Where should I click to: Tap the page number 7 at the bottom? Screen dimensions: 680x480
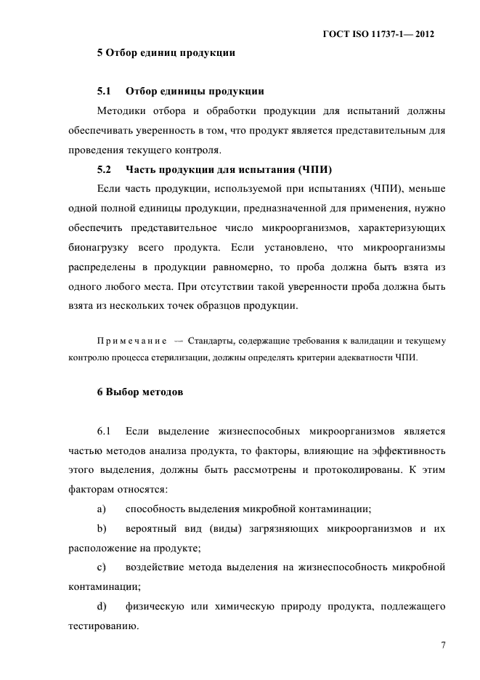pos(442,644)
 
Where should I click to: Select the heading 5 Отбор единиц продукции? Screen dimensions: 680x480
pos(166,52)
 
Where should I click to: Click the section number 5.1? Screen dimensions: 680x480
pos(103,92)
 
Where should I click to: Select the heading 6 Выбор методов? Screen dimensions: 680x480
pos(139,392)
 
